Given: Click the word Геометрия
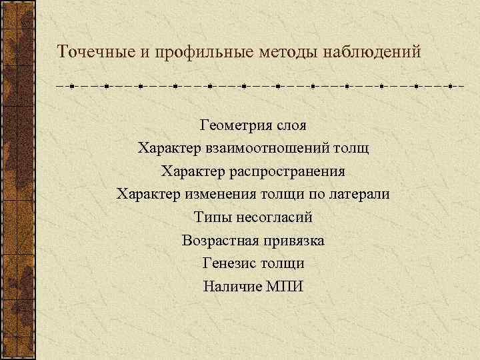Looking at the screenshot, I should tap(231, 125).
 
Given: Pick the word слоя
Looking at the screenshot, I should tap(287, 125).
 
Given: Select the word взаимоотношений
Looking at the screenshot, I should tap(271, 148).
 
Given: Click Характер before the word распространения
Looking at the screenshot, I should tap(192, 171).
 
